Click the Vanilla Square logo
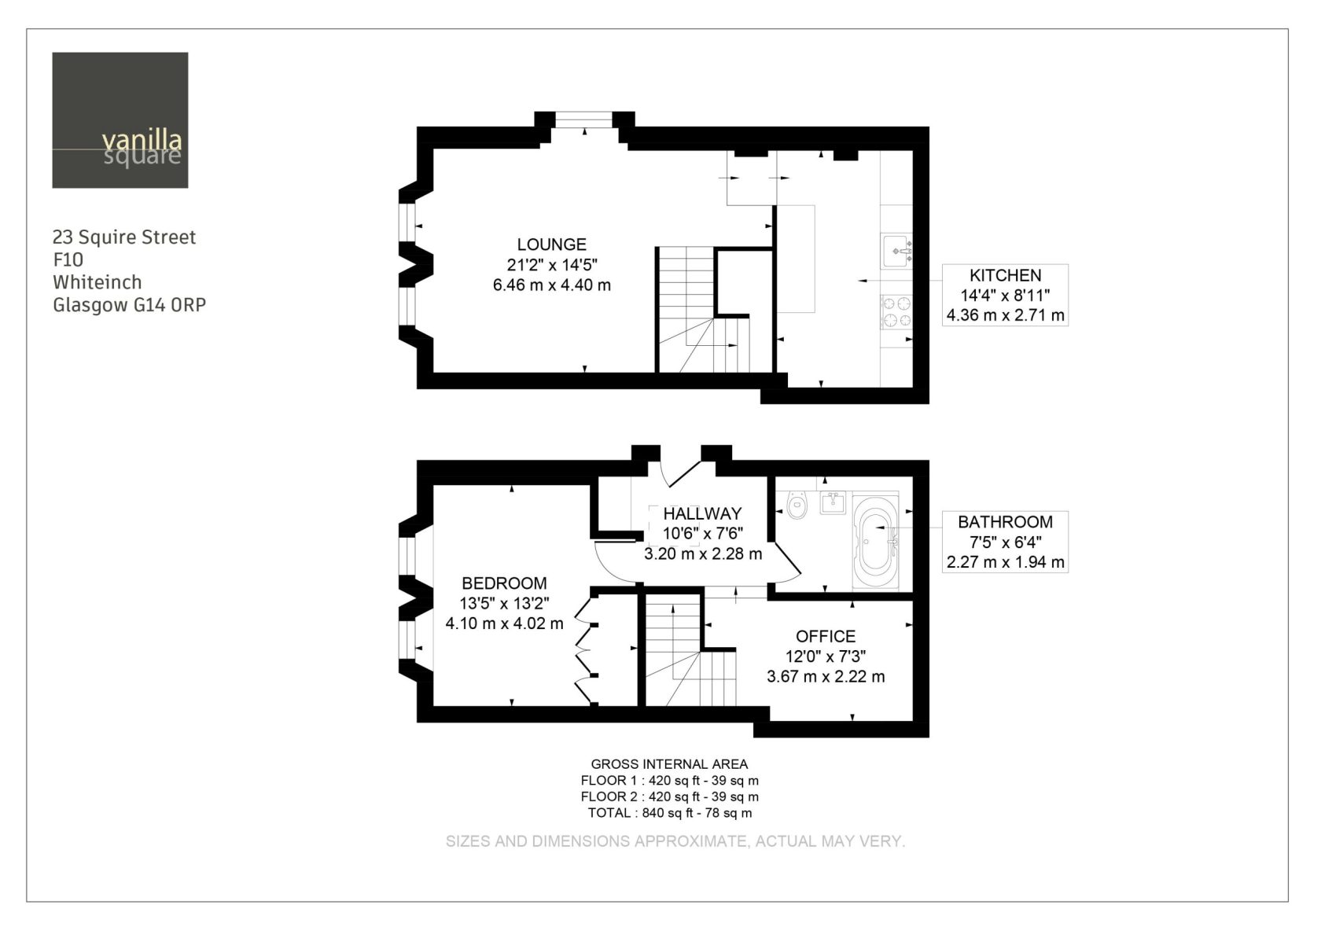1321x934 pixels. point(120,120)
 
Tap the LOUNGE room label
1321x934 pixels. point(552,245)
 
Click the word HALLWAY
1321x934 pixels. point(702,513)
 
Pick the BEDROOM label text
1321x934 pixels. point(504,583)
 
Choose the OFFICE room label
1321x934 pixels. point(826,636)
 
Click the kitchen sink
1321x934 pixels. point(897,251)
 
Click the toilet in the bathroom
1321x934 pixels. point(797,505)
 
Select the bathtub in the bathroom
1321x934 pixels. point(876,541)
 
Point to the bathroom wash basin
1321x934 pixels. point(833,502)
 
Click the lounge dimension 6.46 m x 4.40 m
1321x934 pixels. point(552,285)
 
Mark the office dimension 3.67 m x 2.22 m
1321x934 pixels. point(826,676)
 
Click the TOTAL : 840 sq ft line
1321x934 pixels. point(670,813)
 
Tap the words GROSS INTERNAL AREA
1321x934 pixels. point(669,764)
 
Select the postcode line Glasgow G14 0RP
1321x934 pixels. point(130,305)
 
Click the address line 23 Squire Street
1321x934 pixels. point(124,237)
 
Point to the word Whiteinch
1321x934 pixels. point(98,282)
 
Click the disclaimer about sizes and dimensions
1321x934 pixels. point(675,841)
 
